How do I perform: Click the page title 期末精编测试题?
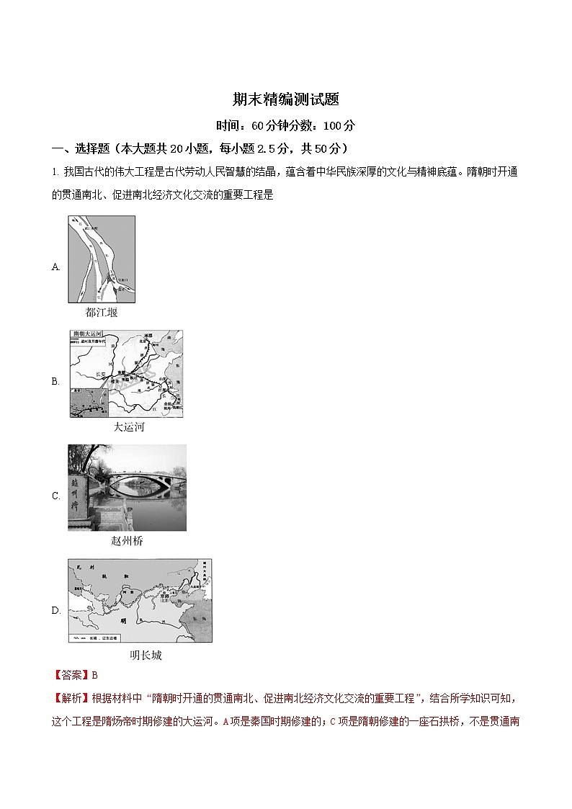[286, 99]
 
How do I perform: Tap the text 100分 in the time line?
[339, 125]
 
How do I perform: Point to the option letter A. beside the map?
[56, 267]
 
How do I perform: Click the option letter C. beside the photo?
[56, 496]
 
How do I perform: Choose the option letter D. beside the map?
[56, 610]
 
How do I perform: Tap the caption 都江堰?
[101, 313]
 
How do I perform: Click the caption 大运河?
[129, 427]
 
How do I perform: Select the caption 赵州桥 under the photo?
[127, 541]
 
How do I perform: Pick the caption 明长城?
[146, 655]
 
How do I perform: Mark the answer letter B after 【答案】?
[94, 675]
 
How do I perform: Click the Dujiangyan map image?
[102, 260]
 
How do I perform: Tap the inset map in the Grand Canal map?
[88, 402]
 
